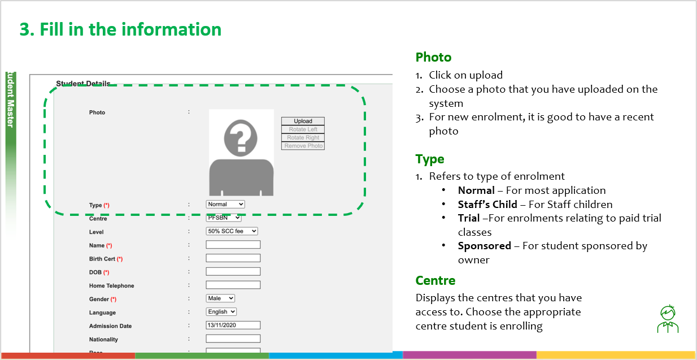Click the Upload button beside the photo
pos(303,121)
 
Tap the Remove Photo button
pos(303,146)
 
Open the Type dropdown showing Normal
pos(225,204)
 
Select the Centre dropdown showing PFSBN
pos(224,218)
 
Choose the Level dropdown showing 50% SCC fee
pos(232,231)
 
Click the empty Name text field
pos(233,245)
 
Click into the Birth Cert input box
pos(233,258)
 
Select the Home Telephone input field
pos(233,285)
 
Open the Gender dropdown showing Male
pos(220,298)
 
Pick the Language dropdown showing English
pos(221,312)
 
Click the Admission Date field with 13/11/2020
pos(233,326)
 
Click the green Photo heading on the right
pos(433,57)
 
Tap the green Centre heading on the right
pos(435,280)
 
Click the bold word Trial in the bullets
pos(468,218)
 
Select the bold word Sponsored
pos(484,246)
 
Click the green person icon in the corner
pos(668,319)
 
